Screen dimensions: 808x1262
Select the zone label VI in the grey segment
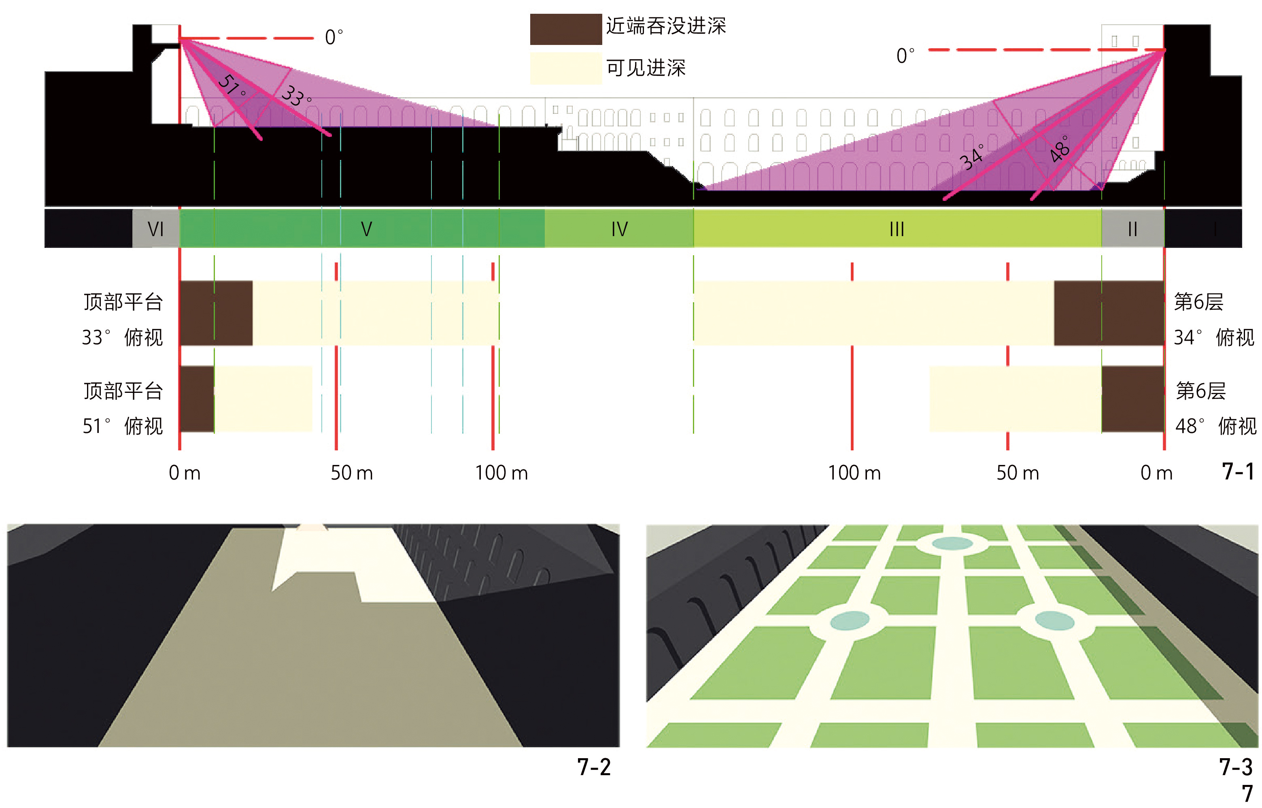coord(156,229)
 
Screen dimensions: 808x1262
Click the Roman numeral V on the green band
coord(366,229)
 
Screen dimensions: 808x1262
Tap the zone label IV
coord(619,229)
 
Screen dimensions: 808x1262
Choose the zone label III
coord(897,229)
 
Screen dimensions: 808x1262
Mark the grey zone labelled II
coord(1132,229)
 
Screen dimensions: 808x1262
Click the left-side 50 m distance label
coord(351,473)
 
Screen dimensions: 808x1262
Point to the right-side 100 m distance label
coord(854,473)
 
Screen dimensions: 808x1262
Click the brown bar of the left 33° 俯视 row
coord(216,313)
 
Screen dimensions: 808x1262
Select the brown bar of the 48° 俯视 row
coord(1132,399)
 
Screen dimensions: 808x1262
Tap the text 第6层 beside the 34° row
coord(1198,302)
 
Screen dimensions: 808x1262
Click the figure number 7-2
coord(594,767)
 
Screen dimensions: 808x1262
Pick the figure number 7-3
coord(1236,767)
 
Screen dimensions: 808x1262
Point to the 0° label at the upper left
coord(334,38)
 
